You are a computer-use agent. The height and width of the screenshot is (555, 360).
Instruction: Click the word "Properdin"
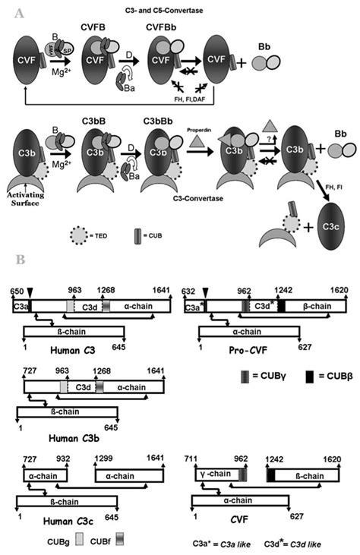199,129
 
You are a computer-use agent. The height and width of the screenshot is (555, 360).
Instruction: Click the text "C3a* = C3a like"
222,542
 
